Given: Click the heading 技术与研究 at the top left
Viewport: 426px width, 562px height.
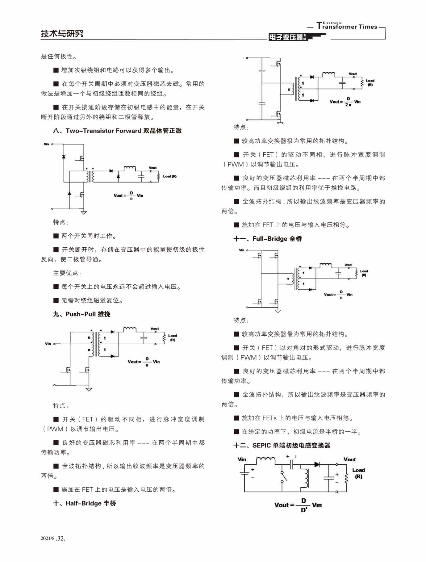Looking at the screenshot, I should [62, 33].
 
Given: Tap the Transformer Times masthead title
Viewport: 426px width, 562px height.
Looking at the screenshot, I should [347, 26].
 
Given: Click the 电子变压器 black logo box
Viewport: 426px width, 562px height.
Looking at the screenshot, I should [287, 37].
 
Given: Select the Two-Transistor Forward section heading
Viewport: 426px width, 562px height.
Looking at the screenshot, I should [117, 131].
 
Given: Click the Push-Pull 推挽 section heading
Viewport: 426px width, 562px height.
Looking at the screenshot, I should [82, 314].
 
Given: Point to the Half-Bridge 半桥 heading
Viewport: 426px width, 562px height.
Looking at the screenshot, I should [85, 503].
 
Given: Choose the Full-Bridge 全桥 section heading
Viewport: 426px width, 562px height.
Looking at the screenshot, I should [268, 239].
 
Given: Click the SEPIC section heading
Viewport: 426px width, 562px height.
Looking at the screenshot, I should [282, 445].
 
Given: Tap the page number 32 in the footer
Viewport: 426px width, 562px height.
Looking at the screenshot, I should [61, 539].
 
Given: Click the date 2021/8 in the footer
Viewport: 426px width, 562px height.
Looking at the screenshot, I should [47, 539].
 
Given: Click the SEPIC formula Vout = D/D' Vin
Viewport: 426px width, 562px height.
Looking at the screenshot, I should [298, 505].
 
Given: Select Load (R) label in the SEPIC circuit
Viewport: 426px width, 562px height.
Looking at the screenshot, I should [358, 473].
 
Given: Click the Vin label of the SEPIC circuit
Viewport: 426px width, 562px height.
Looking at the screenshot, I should [242, 459].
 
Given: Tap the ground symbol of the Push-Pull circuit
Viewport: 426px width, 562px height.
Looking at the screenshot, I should [89, 389].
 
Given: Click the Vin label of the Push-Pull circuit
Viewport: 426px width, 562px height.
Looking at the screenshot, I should [48, 344].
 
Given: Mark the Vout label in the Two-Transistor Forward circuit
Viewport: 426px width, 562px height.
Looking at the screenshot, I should [153, 168].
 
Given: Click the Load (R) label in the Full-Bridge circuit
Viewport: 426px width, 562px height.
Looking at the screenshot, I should [364, 273].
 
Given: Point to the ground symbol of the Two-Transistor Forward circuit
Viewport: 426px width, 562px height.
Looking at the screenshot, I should [84, 212].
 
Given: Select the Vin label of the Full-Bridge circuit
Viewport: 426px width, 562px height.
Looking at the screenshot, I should [241, 250].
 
